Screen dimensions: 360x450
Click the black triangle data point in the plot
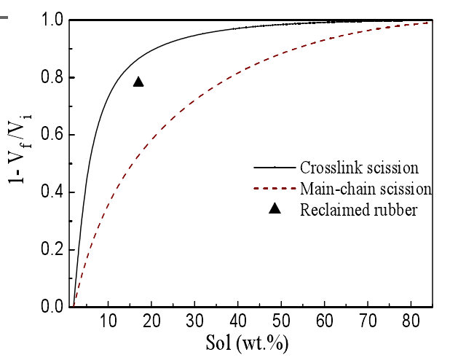[138, 82]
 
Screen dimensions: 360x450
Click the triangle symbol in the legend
[275, 209]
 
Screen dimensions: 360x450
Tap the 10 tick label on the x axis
[108, 321]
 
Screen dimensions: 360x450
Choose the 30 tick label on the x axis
[194, 321]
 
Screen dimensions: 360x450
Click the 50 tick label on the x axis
[281, 321]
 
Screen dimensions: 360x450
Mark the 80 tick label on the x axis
[411, 321]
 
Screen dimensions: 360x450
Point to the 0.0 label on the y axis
[52, 308]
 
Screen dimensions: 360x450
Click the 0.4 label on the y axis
[52, 192]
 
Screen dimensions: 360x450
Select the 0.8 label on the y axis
[52, 78]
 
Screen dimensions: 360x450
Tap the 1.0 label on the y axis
[52, 20]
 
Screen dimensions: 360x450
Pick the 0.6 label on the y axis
[52, 136]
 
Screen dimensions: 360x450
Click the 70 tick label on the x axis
[368, 321]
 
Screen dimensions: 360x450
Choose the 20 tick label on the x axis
[151, 321]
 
